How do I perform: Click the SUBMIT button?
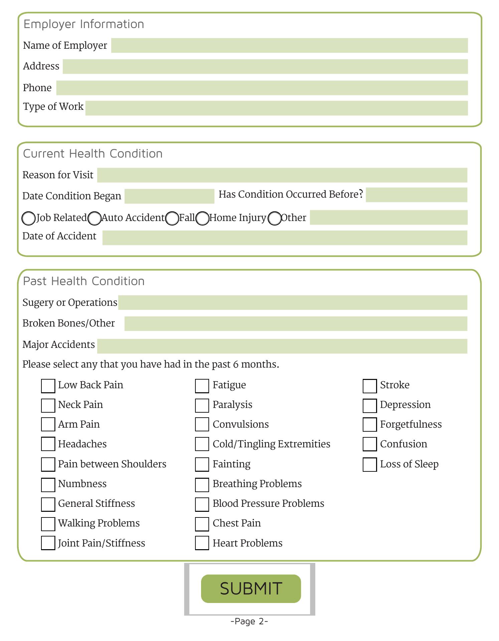pyautogui.click(x=251, y=589)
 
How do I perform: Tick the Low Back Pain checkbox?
pyautogui.click(x=48, y=386)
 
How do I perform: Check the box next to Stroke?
pyautogui.click(x=369, y=386)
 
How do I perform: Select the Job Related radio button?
pyautogui.click(x=28, y=218)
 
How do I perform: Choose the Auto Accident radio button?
pyautogui.click(x=95, y=218)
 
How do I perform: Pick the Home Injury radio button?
pyautogui.click(x=202, y=218)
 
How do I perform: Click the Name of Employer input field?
pyautogui.click(x=289, y=45)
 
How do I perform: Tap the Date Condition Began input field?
pyautogui.click(x=169, y=196)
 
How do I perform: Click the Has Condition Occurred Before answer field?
pyautogui.click(x=416, y=195)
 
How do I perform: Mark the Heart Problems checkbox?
pyautogui.click(x=202, y=543)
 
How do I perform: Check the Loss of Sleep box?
pyautogui.click(x=369, y=464)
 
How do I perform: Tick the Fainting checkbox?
pyautogui.click(x=202, y=464)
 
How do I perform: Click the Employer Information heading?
pyautogui.click(x=84, y=24)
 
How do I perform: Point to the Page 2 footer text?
pyautogui.click(x=249, y=621)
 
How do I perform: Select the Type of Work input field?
pyautogui.click(x=277, y=108)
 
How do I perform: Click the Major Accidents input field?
pyautogui.click(x=282, y=346)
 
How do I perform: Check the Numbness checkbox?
pyautogui.click(x=48, y=484)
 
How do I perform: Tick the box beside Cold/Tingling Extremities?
pyautogui.click(x=202, y=444)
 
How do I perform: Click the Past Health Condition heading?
pyautogui.click(x=84, y=281)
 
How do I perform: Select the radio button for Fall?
pyautogui.click(x=172, y=218)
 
